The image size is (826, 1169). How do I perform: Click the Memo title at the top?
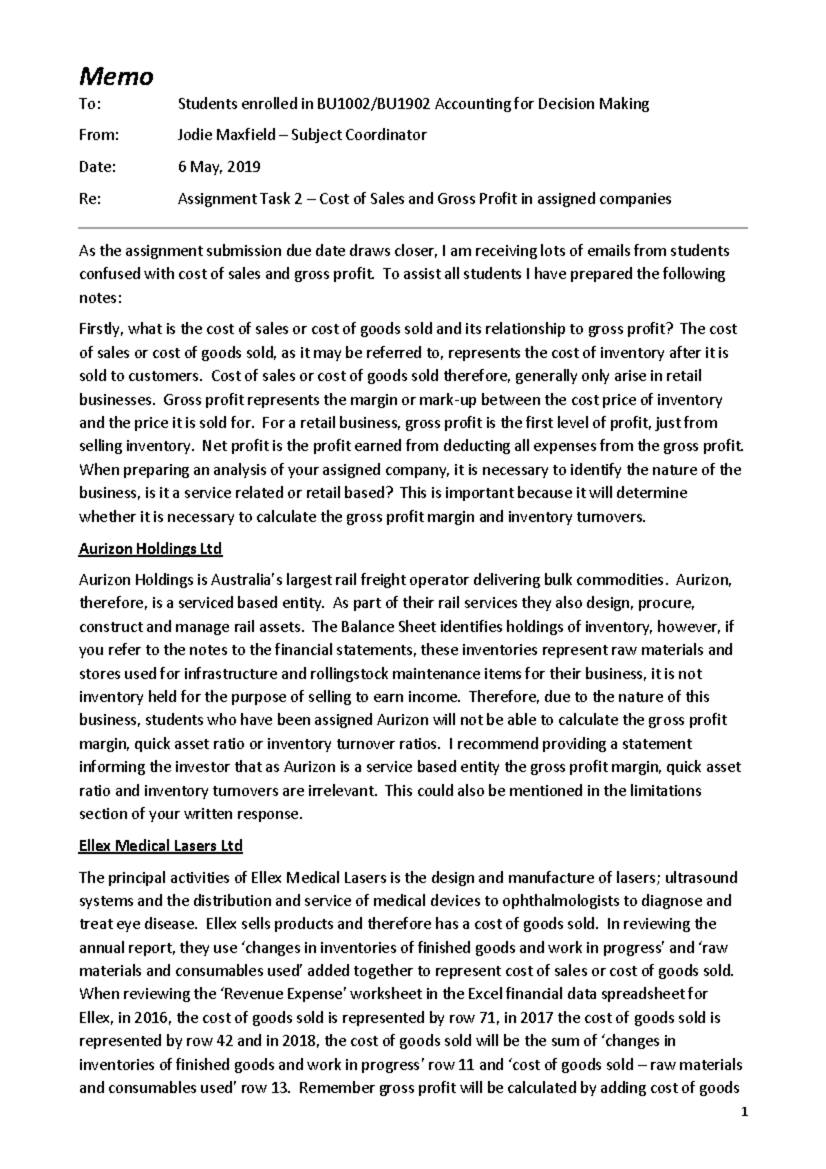tap(116, 76)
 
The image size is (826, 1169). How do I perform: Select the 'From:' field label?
tap(99, 135)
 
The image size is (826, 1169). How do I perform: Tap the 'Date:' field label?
tap(98, 167)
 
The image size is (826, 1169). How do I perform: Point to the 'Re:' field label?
tap(90, 200)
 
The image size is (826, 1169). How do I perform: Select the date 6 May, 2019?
tap(219, 167)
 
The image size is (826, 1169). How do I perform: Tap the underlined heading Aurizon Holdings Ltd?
tap(151, 549)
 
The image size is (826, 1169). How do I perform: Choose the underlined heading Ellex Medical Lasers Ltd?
tap(161, 845)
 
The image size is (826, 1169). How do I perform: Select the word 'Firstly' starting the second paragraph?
tap(101, 328)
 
